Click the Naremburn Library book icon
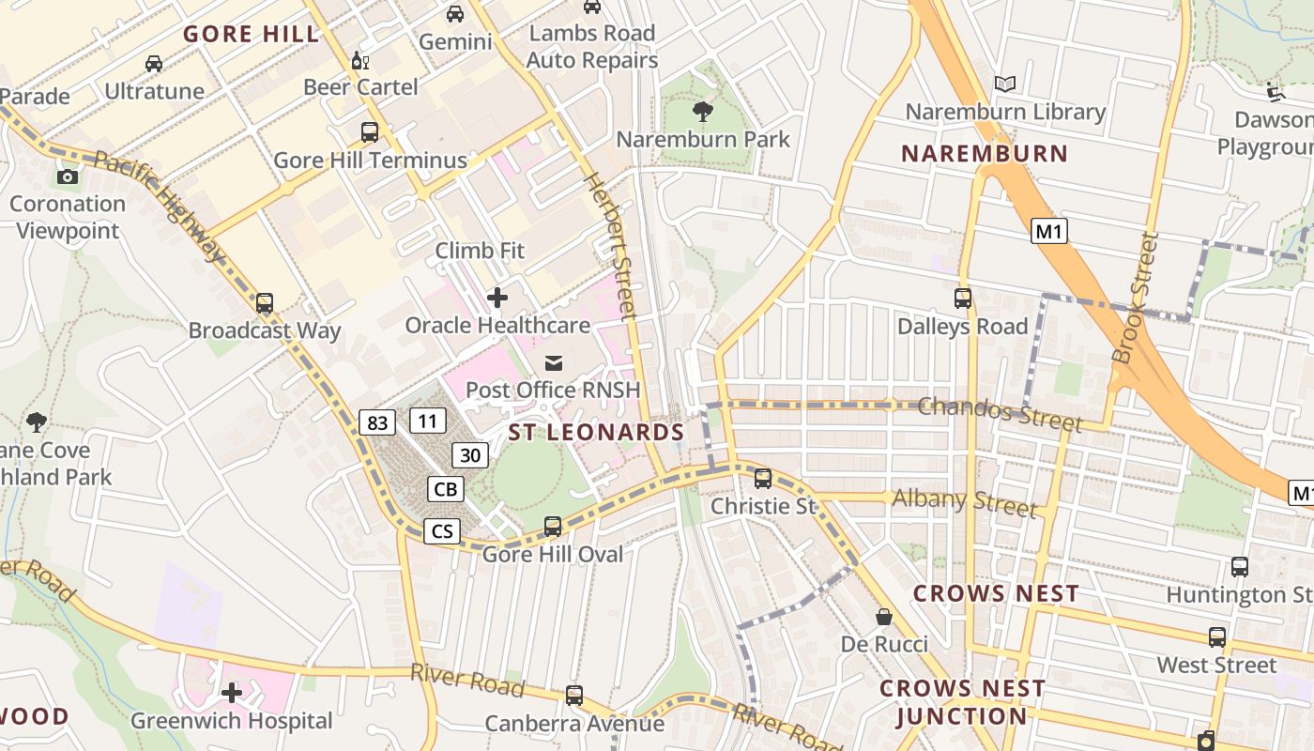tap(1005, 84)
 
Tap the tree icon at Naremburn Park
tap(702, 113)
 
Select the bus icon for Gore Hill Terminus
tap(370, 132)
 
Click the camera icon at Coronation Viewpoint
tap(67, 176)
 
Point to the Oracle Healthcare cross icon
tap(497, 299)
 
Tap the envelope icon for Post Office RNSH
tap(554, 362)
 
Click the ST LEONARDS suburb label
tap(596, 433)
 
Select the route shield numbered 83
tap(377, 422)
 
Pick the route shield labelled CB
tap(446, 489)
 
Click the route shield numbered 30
tap(471, 455)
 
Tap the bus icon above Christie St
tap(763, 479)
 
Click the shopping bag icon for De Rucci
tap(884, 617)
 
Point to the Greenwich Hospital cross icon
tap(232, 694)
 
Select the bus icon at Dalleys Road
tap(963, 299)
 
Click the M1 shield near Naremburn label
tap(1049, 231)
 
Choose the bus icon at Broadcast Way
tap(265, 303)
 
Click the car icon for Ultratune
tap(154, 64)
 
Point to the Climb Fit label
tap(480, 251)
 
